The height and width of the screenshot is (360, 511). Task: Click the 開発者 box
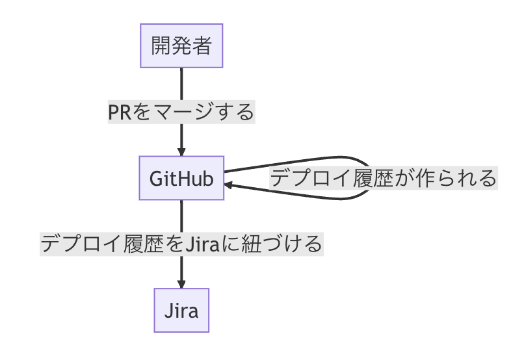tap(181, 45)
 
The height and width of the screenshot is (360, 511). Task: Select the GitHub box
tap(181, 178)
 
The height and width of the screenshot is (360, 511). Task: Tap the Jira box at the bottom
tap(181, 310)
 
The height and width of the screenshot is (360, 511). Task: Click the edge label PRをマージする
tap(181, 112)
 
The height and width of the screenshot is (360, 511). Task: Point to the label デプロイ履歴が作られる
tap(384, 178)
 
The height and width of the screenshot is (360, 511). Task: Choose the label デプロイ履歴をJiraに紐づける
tap(181, 244)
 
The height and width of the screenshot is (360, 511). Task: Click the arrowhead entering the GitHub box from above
tap(181, 152)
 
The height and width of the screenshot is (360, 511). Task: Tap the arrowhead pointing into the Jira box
tap(181, 284)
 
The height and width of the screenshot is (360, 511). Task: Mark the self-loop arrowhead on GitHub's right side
tap(228, 185)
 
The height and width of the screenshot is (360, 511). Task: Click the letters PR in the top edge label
tap(119, 112)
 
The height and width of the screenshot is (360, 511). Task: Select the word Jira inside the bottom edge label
tap(202, 244)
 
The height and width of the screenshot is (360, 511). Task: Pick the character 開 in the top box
tap(161, 45)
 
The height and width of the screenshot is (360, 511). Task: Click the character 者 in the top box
tap(202, 45)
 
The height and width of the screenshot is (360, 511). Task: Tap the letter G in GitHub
tap(156, 179)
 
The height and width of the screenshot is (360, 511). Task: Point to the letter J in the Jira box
tap(169, 311)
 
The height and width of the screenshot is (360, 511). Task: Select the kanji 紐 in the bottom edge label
tap(251, 244)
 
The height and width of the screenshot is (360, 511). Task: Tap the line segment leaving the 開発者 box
tap(181, 84)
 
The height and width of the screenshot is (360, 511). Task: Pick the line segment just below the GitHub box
tap(181, 216)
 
